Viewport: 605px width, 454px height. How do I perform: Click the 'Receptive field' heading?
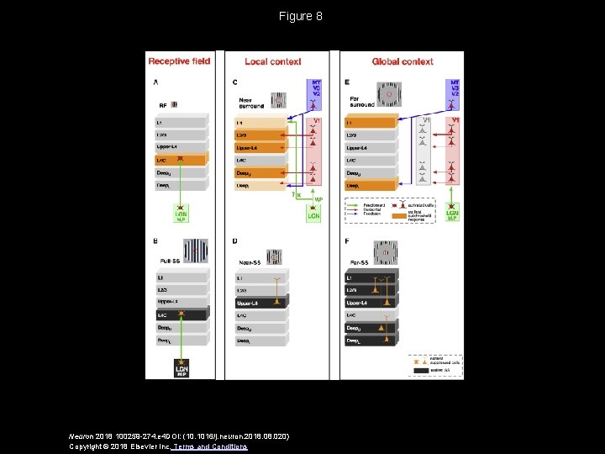pyautogui.click(x=179, y=61)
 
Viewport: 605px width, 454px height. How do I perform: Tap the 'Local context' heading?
pyautogui.click(x=268, y=61)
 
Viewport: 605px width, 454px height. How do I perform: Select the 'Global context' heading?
pyautogui.click(x=402, y=61)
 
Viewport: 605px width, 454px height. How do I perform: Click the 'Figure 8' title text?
pyautogui.click(x=302, y=16)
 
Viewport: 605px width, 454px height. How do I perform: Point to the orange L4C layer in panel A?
pyautogui.click(x=180, y=159)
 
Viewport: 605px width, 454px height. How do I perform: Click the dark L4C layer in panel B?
pyautogui.click(x=180, y=314)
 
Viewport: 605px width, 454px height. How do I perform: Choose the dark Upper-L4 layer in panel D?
pyautogui.click(x=260, y=302)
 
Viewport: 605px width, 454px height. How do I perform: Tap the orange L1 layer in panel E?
pyautogui.click(x=371, y=123)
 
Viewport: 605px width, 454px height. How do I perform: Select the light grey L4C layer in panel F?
pyautogui.click(x=371, y=314)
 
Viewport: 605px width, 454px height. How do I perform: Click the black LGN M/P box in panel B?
pyautogui.click(x=181, y=369)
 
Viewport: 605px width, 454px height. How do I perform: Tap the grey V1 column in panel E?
pyautogui.click(x=424, y=151)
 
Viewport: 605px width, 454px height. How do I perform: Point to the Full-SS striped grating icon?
pyautogui.click(x=196, y=250)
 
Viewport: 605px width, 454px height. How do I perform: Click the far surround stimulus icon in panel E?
pyautogui.click(x=388, y=94)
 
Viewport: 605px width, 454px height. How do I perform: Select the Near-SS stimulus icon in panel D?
pyautogui.click(x=274, y=256)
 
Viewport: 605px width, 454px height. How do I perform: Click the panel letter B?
pyautogui.click(x=156, y=242)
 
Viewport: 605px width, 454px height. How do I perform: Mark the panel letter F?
pyautogui.click(x=347, y=242)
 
